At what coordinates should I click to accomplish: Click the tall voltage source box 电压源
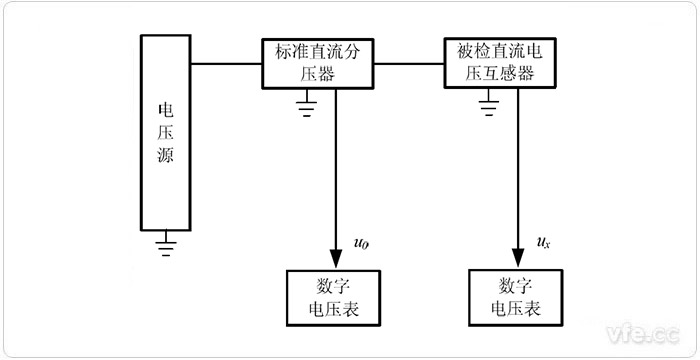165,130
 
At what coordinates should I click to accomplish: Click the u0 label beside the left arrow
361,242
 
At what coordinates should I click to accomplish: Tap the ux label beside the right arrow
543,242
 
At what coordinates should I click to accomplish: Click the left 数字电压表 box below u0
335,297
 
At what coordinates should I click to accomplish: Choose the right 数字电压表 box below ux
518,297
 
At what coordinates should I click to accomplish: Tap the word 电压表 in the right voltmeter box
518,310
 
